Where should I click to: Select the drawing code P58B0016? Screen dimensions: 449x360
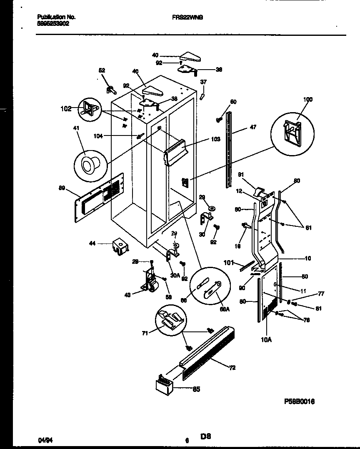click(x=300, y=401)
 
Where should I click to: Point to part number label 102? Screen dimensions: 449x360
click(x=66, y=109)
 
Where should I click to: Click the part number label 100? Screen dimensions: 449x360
click(x=307, y=100)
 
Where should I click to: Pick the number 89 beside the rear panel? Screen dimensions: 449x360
click(x=62, y=188)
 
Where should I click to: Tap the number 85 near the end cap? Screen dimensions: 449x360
click(x=195, y=389)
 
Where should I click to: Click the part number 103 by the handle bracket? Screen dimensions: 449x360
click(x=215, y=139)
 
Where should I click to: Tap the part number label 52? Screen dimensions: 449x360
click(x=102, y=70)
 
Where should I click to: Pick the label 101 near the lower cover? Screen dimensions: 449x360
click(x=228, y=263)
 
